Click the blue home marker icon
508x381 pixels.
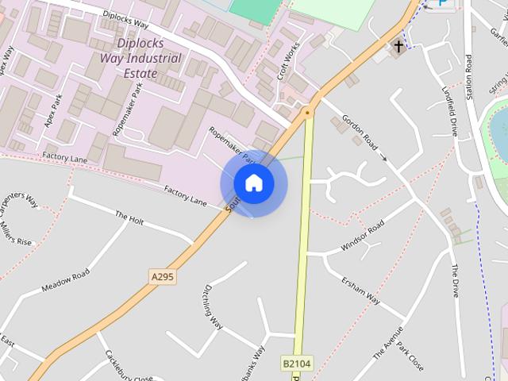point(253,183)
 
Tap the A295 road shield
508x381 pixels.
point(162,277)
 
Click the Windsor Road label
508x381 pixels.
point(362,236)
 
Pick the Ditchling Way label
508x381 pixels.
point(214,306)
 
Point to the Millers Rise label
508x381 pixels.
point(16,231)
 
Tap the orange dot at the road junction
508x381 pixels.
point(307,114)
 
